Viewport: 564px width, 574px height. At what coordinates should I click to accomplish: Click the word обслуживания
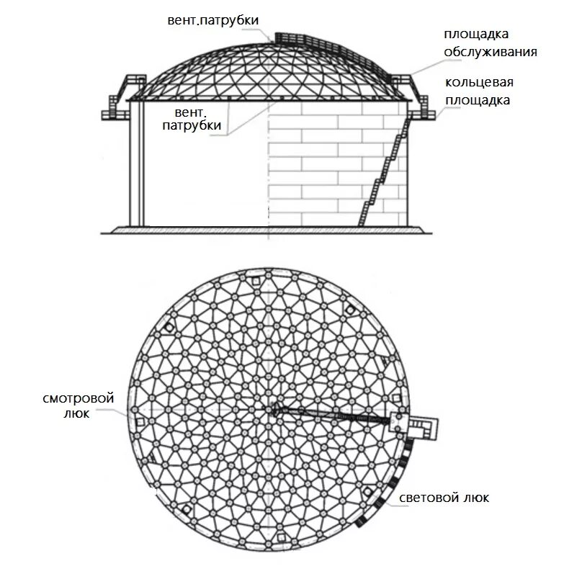(491, 51)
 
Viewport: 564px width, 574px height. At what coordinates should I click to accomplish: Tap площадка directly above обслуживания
(477, 35)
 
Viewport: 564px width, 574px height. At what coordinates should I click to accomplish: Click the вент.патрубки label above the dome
(210, 20)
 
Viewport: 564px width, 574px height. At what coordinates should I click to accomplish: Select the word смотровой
(68, 398)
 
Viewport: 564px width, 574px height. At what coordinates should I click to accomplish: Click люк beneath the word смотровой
(68, 414)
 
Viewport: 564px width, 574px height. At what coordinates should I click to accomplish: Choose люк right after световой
(476, 498)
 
